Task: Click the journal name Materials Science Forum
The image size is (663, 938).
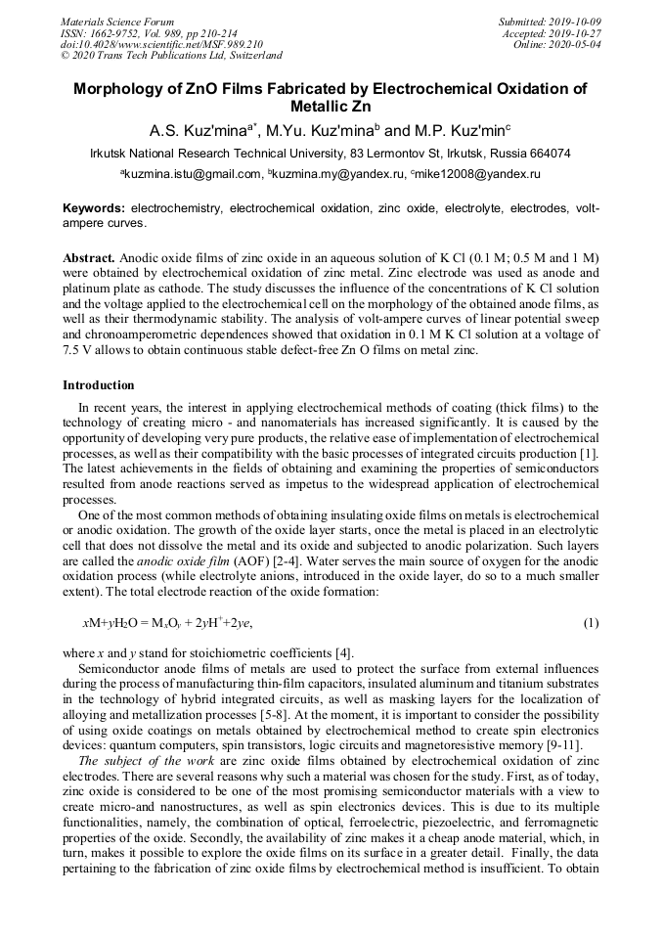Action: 117,21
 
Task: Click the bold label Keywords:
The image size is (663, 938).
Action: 94,209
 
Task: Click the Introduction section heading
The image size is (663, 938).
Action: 99,385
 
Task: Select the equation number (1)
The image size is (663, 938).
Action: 590,622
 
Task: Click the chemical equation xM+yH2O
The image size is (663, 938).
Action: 167,622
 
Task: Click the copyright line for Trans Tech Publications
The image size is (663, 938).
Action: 171,56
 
